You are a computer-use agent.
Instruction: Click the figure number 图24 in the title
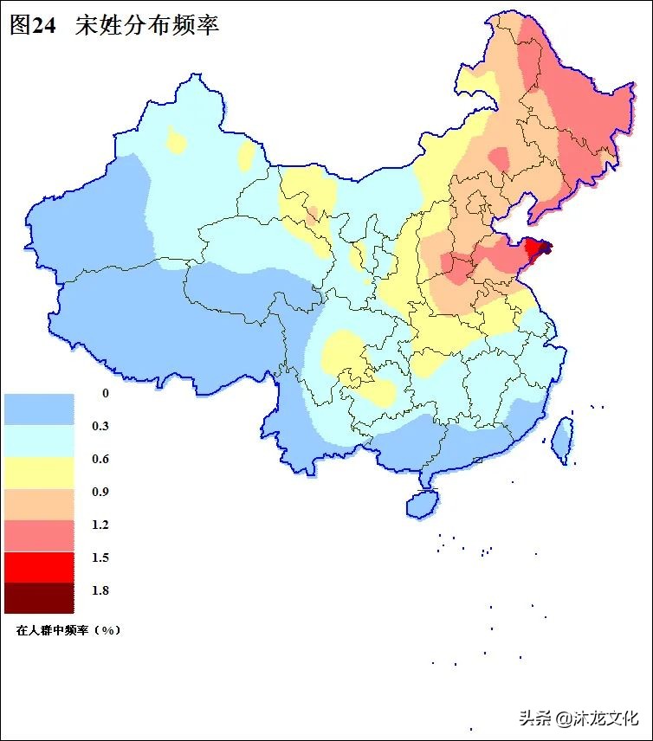click(32, 25)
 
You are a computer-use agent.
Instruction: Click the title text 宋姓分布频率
click(147, 25)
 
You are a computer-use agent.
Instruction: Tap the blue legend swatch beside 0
click(39, 409)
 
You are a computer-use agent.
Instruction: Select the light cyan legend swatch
click(39, 441)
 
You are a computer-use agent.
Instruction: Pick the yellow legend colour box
click(39, 474)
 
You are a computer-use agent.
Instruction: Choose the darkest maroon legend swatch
click(39, 597)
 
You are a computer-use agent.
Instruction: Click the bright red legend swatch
click(39, 567)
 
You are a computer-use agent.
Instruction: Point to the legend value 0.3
click(100, 426)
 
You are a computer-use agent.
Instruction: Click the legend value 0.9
click(100, 492)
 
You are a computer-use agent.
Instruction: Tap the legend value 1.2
click(100, 525)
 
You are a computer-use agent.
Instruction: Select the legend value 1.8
click(100, 590)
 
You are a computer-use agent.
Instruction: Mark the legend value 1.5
click(100, 557)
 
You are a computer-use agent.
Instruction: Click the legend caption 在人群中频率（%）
click(68, 630)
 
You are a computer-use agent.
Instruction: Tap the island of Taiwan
click(562, 436)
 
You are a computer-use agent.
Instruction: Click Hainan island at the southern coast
click(421, 503)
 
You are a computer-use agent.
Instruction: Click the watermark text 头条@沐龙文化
click(578, 718)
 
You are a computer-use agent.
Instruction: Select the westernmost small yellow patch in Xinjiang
click(177, 140)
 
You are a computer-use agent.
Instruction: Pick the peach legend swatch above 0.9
click(39, 505)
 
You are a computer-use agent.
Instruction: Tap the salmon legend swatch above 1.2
click(39, 536)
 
